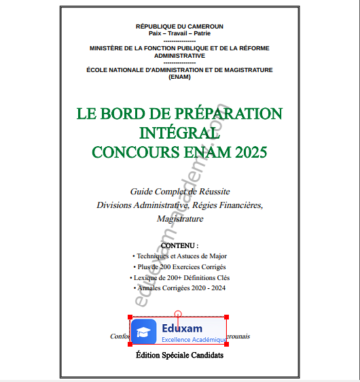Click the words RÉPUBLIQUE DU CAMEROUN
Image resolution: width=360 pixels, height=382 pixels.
[x=179, y=27]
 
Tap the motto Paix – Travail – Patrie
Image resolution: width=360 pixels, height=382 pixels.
[x=179, y=33]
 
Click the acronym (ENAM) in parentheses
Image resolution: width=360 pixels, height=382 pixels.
[x=179, y=77]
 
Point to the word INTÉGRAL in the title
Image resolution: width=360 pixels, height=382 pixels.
[x=179, y=132]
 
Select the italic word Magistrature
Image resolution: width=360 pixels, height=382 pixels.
[x=179, y=218]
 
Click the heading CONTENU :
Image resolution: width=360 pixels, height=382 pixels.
[x=179, y=245]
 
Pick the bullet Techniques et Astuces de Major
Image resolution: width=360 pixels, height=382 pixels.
[x=181, y=256]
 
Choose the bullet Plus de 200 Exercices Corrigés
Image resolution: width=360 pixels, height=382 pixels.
[x=181, y=266]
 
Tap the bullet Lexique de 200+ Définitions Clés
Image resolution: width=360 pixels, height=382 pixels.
[x=181, y=277]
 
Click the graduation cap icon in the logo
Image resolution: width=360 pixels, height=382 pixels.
[x=143, y=331]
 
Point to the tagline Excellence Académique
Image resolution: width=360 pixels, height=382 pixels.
[x=194, y=339]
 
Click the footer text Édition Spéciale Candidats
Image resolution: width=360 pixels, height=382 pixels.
[x=179, y=355]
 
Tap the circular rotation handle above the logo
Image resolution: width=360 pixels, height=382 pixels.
[x=178, y=313]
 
